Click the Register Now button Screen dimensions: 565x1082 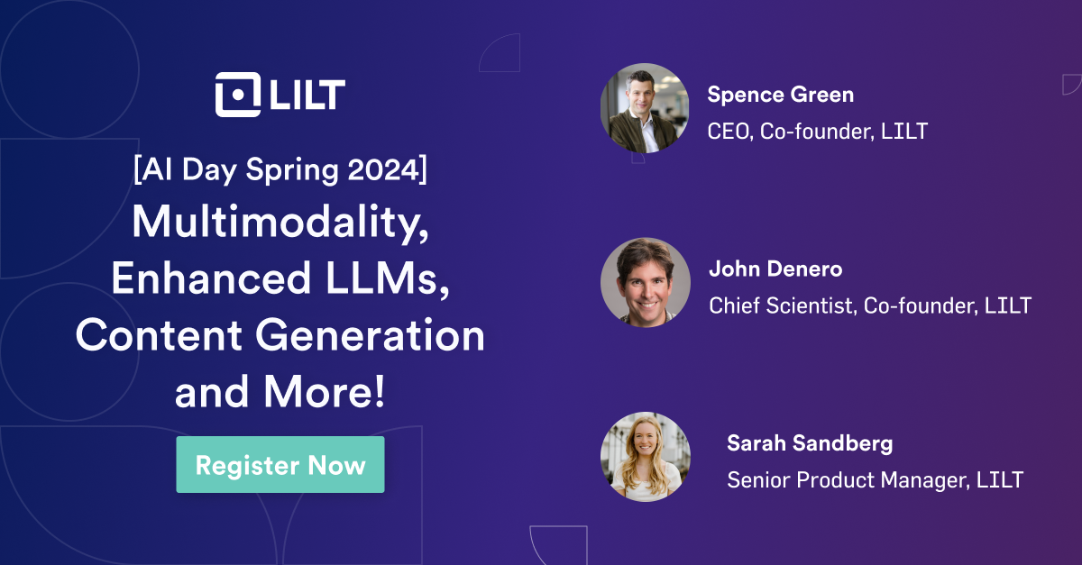coord(280,465)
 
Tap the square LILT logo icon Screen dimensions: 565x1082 coord(237,95)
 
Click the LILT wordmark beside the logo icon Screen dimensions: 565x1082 coord(307,95)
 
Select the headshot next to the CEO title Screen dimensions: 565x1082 coord(645,107)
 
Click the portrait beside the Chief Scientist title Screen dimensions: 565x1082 coord(645,282)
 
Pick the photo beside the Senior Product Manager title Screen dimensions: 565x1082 coord(645,456)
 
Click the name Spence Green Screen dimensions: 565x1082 coord(780,95)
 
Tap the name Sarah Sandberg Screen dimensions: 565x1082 coord(810,443)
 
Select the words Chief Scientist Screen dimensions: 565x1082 coord(781,306)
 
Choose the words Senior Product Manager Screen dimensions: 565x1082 coord(848,480)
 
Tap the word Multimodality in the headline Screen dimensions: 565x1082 coord(280,223)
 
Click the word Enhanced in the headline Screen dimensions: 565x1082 coord(210,279)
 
